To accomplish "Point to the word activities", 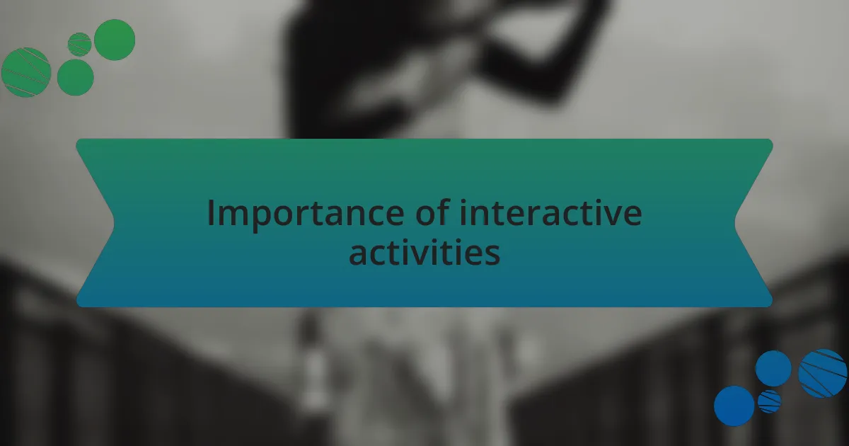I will [x=424, y=253].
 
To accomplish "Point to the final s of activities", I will [x=492, y=254].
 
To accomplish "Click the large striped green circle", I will [x=26, y=72].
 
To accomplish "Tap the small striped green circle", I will [x=79, y=44].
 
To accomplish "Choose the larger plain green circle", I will [x=115, y=40].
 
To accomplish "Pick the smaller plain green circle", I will [x=75, y=77].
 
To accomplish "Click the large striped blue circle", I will [x=822, y=373].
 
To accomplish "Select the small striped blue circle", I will [x=769, y=401].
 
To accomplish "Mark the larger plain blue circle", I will [x=734, y=406].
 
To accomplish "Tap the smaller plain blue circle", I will [x=773, y=368].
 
